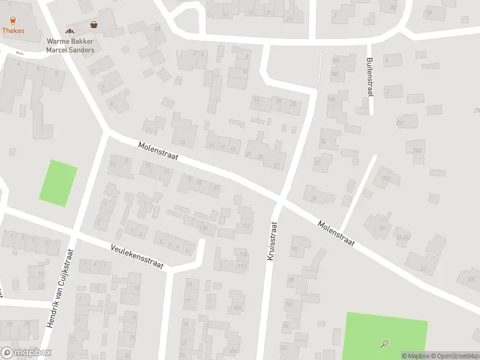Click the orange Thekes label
pos(13,29)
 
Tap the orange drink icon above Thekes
pos(13,20)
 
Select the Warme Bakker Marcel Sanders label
pos(70,46)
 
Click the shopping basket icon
pos(94,25)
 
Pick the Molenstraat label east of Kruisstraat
pos(337,234)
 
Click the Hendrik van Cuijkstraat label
pos(61,288)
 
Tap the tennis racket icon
pos(384,344)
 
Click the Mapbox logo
pos(26,353)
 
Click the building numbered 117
pos(245,226)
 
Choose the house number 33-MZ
pos(403,236)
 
